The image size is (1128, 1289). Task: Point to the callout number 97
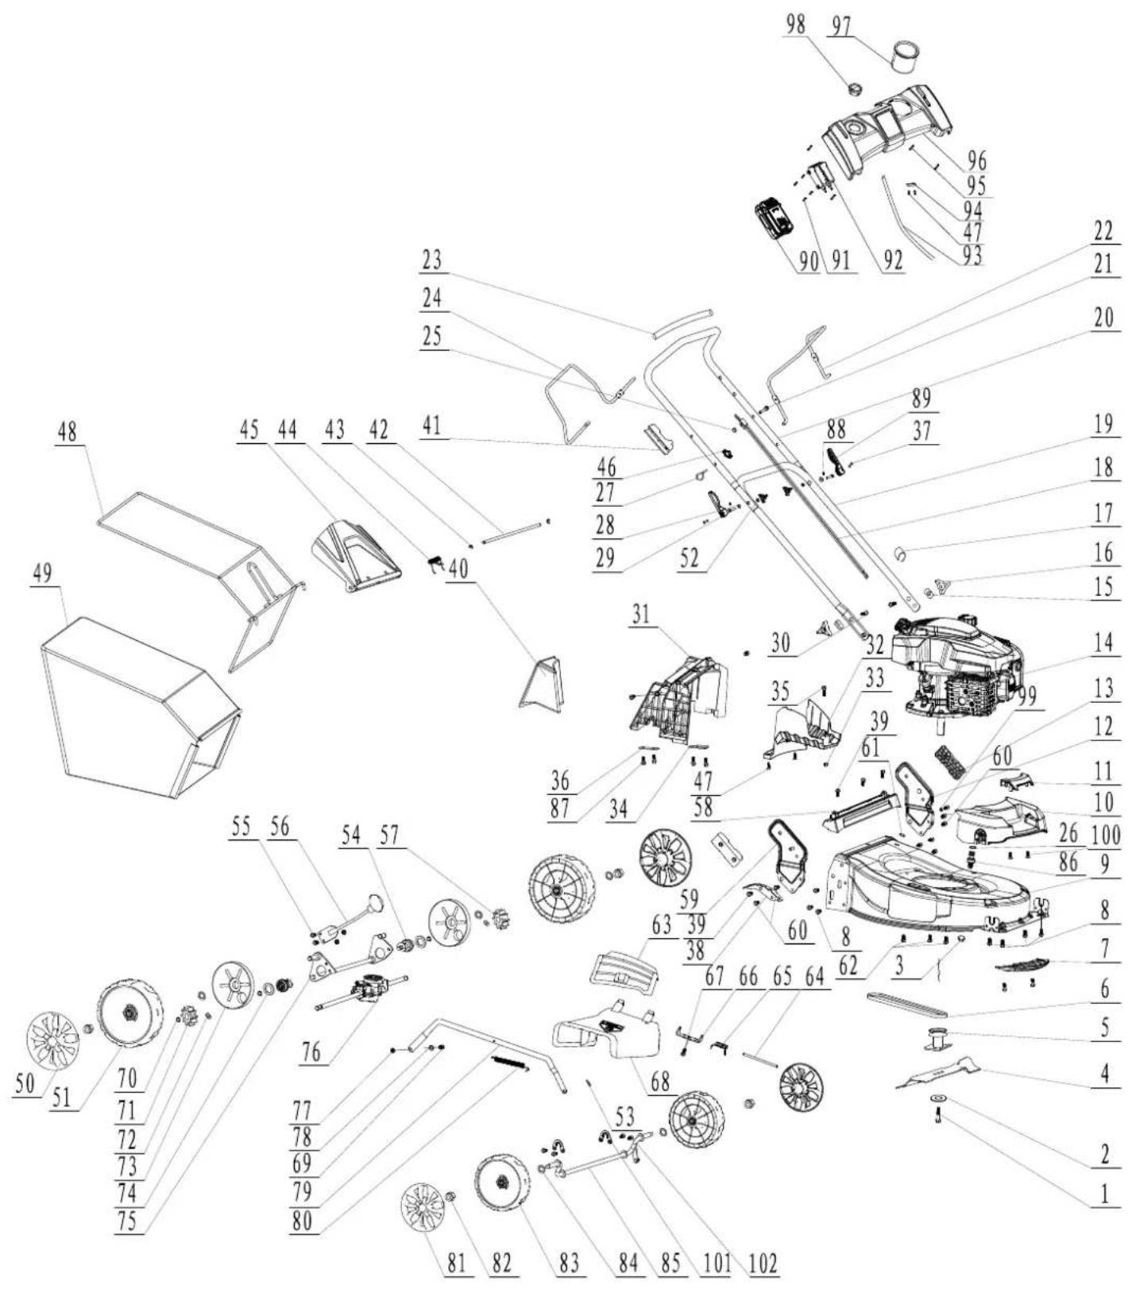(x=840, y=26)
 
